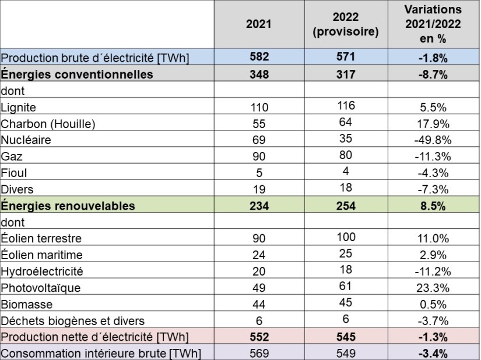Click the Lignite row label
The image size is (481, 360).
tap(18, 107)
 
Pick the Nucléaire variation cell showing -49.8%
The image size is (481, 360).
tap(433, 140)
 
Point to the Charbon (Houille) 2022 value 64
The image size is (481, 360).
tap(346, 122)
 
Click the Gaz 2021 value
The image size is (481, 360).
tap(258, 157)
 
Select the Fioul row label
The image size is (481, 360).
tap(14, 173)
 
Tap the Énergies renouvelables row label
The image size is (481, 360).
tap(68, 206)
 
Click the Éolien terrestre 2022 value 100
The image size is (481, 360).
tap(346, 237)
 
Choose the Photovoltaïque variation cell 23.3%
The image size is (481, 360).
tap(433, 288)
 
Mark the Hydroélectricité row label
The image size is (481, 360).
tap(42, 271)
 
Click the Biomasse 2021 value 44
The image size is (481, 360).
tap(258, 305)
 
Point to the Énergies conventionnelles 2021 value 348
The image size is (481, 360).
tap(258, 75)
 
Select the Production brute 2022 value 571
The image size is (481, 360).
tap(346, 57)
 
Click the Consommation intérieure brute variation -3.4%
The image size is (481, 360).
tap(433, 353)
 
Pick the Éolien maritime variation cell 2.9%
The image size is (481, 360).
tap(433, 255)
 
